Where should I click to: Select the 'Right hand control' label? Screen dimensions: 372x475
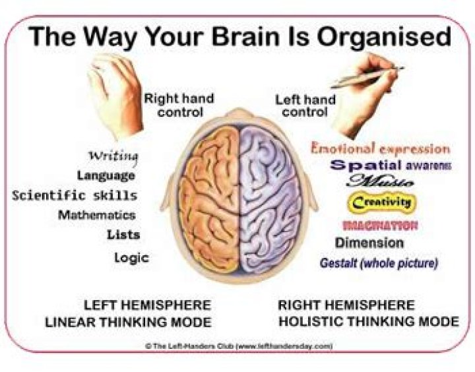[179, 105]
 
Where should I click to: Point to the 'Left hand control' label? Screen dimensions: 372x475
[305, 106]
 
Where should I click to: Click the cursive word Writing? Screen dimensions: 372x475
[113, 156]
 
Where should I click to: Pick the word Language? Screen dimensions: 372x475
[106, 175]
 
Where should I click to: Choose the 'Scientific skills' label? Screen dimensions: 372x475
[75, 195]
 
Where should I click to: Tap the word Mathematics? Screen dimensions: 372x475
[96, 215]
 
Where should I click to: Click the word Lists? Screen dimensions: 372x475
[123, 234]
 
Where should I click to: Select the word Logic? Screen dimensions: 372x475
[131, 257]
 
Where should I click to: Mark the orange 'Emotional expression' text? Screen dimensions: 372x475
[380, 148]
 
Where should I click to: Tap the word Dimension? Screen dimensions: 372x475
[369, 243]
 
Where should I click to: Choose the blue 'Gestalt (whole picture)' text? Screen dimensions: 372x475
[379, 263]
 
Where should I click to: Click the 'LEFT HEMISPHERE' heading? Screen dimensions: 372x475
[147, 305]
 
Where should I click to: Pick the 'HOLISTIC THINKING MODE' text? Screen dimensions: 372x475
[368, 322]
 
